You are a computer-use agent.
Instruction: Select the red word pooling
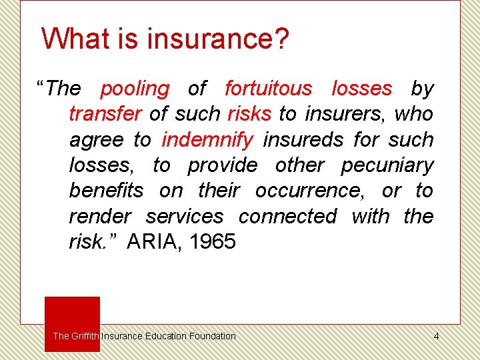135,88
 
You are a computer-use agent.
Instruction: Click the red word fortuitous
268,88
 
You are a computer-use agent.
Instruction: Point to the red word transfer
105,114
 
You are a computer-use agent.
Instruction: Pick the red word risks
249,114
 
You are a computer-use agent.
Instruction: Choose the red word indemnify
207,140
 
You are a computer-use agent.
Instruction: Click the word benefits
106,191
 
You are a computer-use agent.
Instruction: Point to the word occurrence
309,191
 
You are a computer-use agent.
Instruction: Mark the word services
185,217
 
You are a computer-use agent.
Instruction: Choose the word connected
287,217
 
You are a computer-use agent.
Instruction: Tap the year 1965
212,242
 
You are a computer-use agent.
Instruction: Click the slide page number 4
436,336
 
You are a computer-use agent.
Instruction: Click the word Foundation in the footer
213,336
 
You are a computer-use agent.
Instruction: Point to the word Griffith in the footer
85,336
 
